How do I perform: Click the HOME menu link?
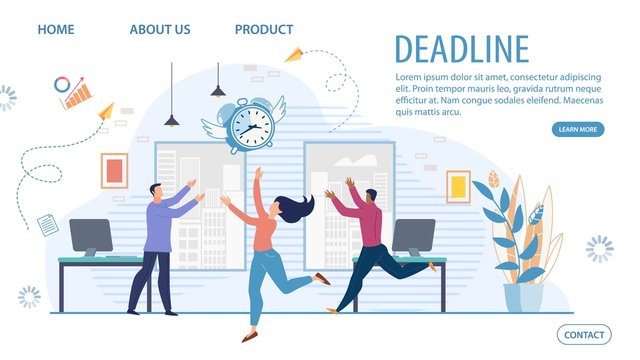[56, 29]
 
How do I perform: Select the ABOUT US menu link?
[160, 29]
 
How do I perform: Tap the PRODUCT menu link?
[264, 29]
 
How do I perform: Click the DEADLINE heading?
[461, 49]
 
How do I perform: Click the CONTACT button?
[584, 335]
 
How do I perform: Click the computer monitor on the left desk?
[91, 237]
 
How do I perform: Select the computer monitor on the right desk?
[413, 236]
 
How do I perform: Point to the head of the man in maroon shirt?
[371, 195]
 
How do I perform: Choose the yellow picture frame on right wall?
[458, 186]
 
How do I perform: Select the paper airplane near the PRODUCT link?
[294, 55]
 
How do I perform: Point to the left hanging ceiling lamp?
[172, 120]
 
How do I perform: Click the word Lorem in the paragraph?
[413, 77]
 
